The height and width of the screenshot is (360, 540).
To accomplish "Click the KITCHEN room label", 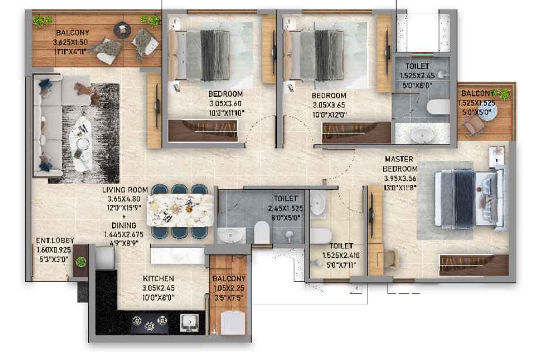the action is point(158,278).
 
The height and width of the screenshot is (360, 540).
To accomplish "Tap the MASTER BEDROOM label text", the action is point(400,164).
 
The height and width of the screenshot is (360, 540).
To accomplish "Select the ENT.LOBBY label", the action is point(55,240).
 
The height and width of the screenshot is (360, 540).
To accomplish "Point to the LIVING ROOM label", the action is point(125,190).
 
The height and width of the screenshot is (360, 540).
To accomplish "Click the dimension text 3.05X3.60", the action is point(225,103).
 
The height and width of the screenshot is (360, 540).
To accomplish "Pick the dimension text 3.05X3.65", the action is point(329,105).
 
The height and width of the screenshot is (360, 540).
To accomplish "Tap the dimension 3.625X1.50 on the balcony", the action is point(70,42).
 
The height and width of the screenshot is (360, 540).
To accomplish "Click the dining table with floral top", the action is point(180,210).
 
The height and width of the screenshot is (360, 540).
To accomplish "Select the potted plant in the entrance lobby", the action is point(81,261).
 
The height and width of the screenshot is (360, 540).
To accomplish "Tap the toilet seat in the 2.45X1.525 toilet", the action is point(262,232).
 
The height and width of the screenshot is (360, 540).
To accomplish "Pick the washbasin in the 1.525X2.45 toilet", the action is point(422,134).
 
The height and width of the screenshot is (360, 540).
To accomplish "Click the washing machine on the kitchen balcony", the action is point(233,322).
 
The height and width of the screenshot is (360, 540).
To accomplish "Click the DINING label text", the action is point(124,226).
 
